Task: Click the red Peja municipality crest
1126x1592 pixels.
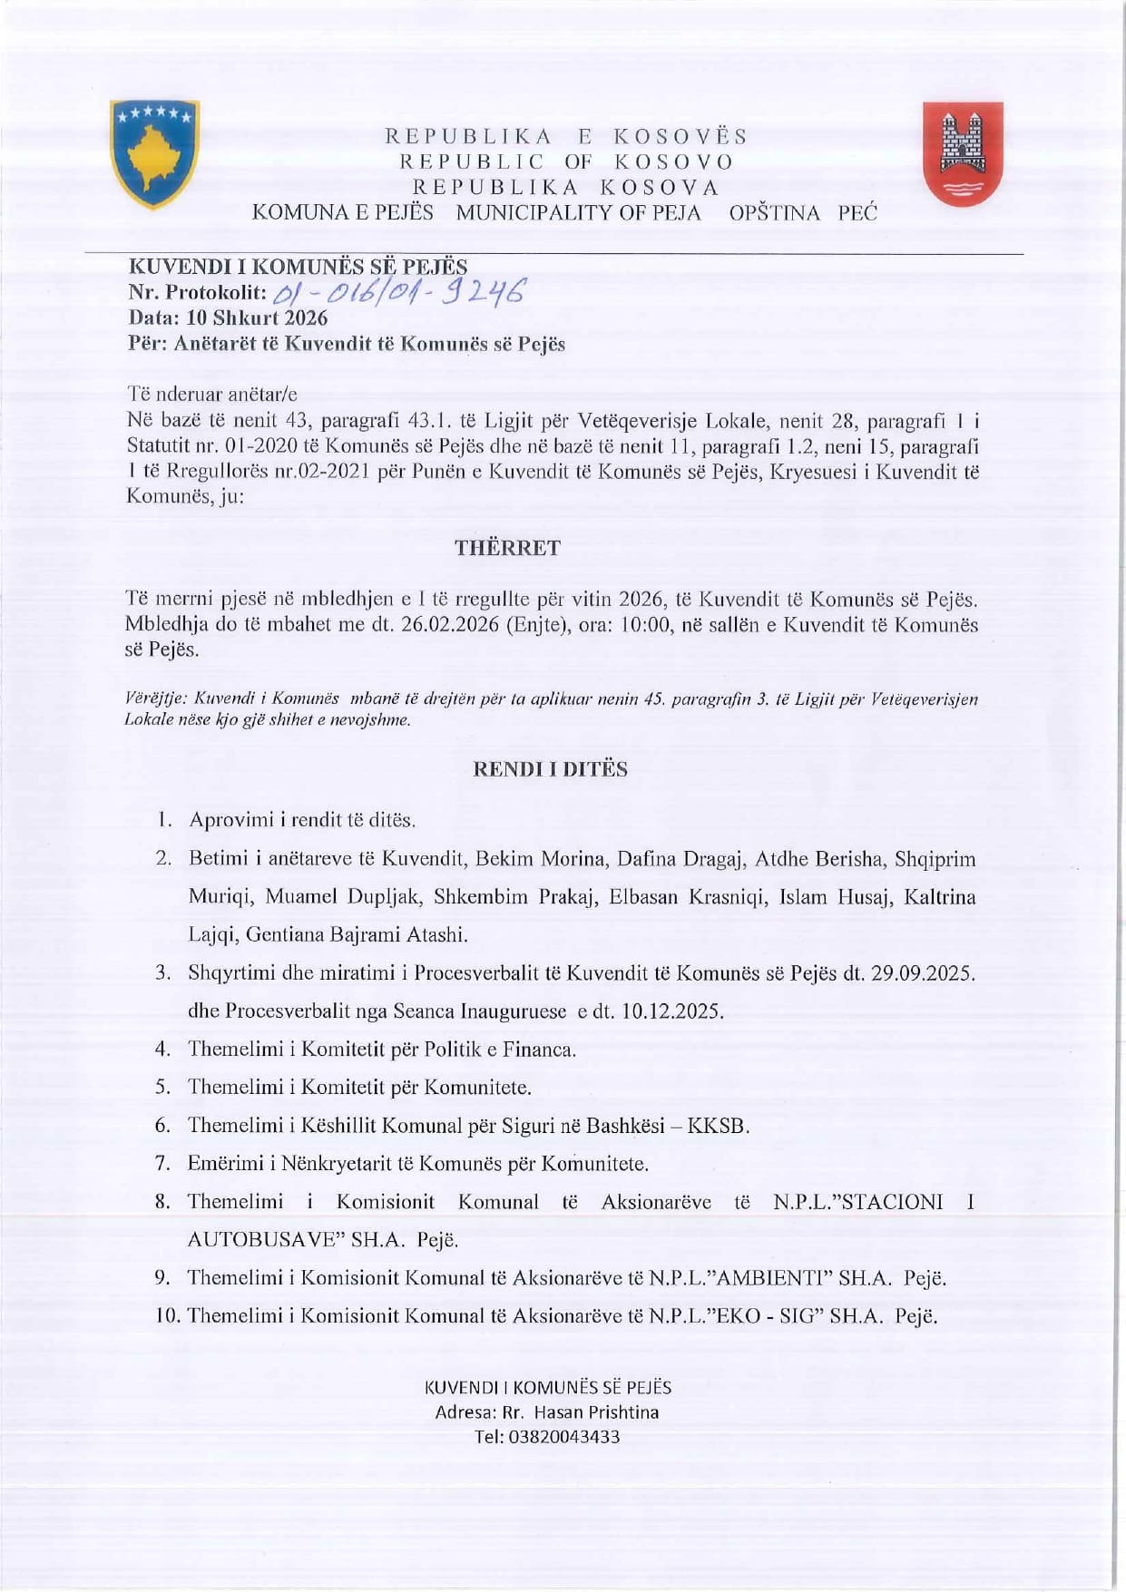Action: point(963,153)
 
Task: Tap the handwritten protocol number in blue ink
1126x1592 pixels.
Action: point(398,292)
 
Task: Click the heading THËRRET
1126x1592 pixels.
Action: point(507,548)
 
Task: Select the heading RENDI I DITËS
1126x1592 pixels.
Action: point(550,769)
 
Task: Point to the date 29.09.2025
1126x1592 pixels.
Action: point(921,973)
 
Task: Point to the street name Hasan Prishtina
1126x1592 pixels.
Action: point(596,1412)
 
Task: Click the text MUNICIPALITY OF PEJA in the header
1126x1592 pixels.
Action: point(578,213)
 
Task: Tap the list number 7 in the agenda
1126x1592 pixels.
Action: point(163,1164)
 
